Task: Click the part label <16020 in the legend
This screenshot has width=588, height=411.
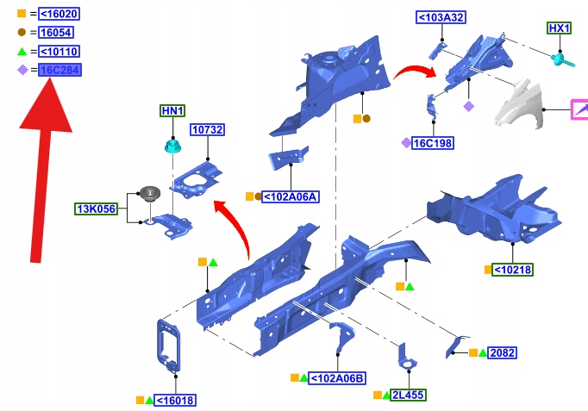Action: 56,14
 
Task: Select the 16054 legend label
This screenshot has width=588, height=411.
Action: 55,33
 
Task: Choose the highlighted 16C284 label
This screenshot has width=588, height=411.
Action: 59,70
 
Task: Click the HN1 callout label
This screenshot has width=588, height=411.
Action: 172,111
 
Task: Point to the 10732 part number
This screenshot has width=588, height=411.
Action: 208,130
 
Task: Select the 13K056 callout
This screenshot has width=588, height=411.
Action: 97,209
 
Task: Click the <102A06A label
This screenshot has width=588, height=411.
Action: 291,196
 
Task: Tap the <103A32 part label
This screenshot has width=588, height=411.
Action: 441,18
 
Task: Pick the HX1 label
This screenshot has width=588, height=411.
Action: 560,28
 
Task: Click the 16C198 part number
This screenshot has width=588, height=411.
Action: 433,143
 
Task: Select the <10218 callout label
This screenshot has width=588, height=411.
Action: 513,270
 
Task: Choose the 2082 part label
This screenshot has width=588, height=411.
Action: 503,353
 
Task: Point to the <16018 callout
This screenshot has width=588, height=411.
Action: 176,400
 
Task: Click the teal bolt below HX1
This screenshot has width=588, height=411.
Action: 561,59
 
